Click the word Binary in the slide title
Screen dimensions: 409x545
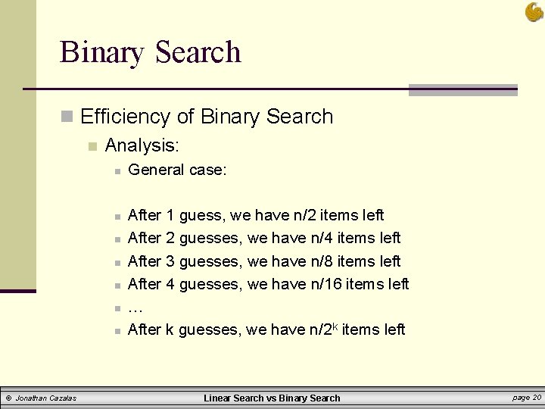[x=102, y=52]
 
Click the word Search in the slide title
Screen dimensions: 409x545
[x=198, y=52]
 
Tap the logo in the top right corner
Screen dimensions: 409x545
[x=533, y=11]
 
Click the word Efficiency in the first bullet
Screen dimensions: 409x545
[x=126, y=117]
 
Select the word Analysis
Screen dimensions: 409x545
[x=142, y=144]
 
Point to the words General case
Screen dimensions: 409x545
[x=177, y=170]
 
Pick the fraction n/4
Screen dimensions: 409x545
[x=322, y=238]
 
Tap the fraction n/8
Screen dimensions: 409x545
[x=322, y=261]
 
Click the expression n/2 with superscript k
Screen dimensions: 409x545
[x=323, y=329]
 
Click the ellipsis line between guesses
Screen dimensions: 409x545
[x=135, y=308]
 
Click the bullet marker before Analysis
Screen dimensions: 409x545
[x=92, y=145]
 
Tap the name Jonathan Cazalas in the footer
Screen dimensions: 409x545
[x=46, y=398]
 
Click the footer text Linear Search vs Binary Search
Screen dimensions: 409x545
[x=272, y=398]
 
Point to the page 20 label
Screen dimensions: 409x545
[x=526, y=397]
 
